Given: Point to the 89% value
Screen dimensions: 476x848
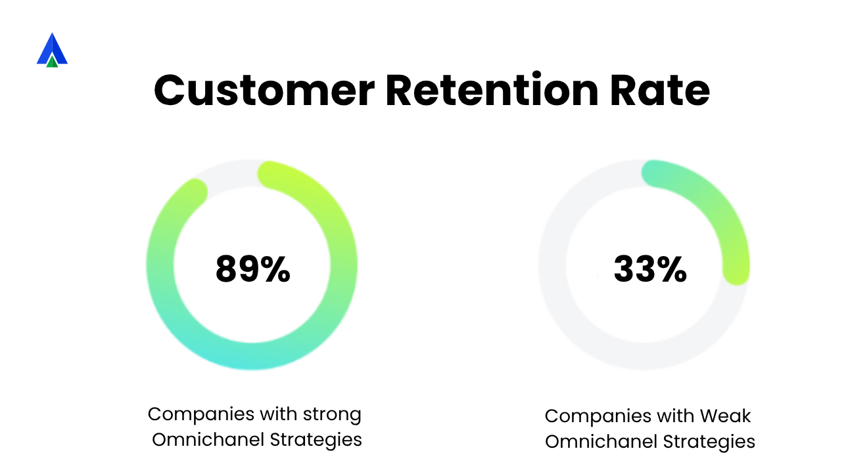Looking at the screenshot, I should (x=253, y=269).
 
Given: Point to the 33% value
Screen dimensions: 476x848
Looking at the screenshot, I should (x=650, y=269).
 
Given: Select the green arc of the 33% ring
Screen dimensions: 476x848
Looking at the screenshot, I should (x=716, y=210).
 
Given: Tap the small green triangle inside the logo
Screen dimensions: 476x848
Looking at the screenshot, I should (x=52, y=61).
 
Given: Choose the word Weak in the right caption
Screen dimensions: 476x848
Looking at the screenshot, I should (x=725, y=416).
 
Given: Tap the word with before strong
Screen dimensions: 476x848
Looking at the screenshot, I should (x=279, y=414).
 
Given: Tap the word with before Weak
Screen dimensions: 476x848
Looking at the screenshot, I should (x=676, y=416).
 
